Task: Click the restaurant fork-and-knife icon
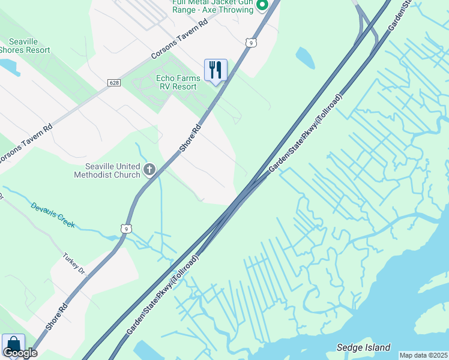pos(215,70)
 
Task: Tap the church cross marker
pos(149,170)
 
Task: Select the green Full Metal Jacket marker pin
pos(262,5)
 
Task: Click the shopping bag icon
pos(13,344)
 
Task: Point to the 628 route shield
pos(114,82)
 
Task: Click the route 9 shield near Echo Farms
pos(251,42)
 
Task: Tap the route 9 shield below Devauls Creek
pos(125,228)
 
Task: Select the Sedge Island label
pos(364,347)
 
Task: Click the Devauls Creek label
pos(53,214)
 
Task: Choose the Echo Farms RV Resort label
pos(176,82)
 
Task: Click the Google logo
pos(19,353)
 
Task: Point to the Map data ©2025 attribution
pos(424,355)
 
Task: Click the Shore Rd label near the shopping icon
pos(56,319)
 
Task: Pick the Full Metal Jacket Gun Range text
pos(212,6)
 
